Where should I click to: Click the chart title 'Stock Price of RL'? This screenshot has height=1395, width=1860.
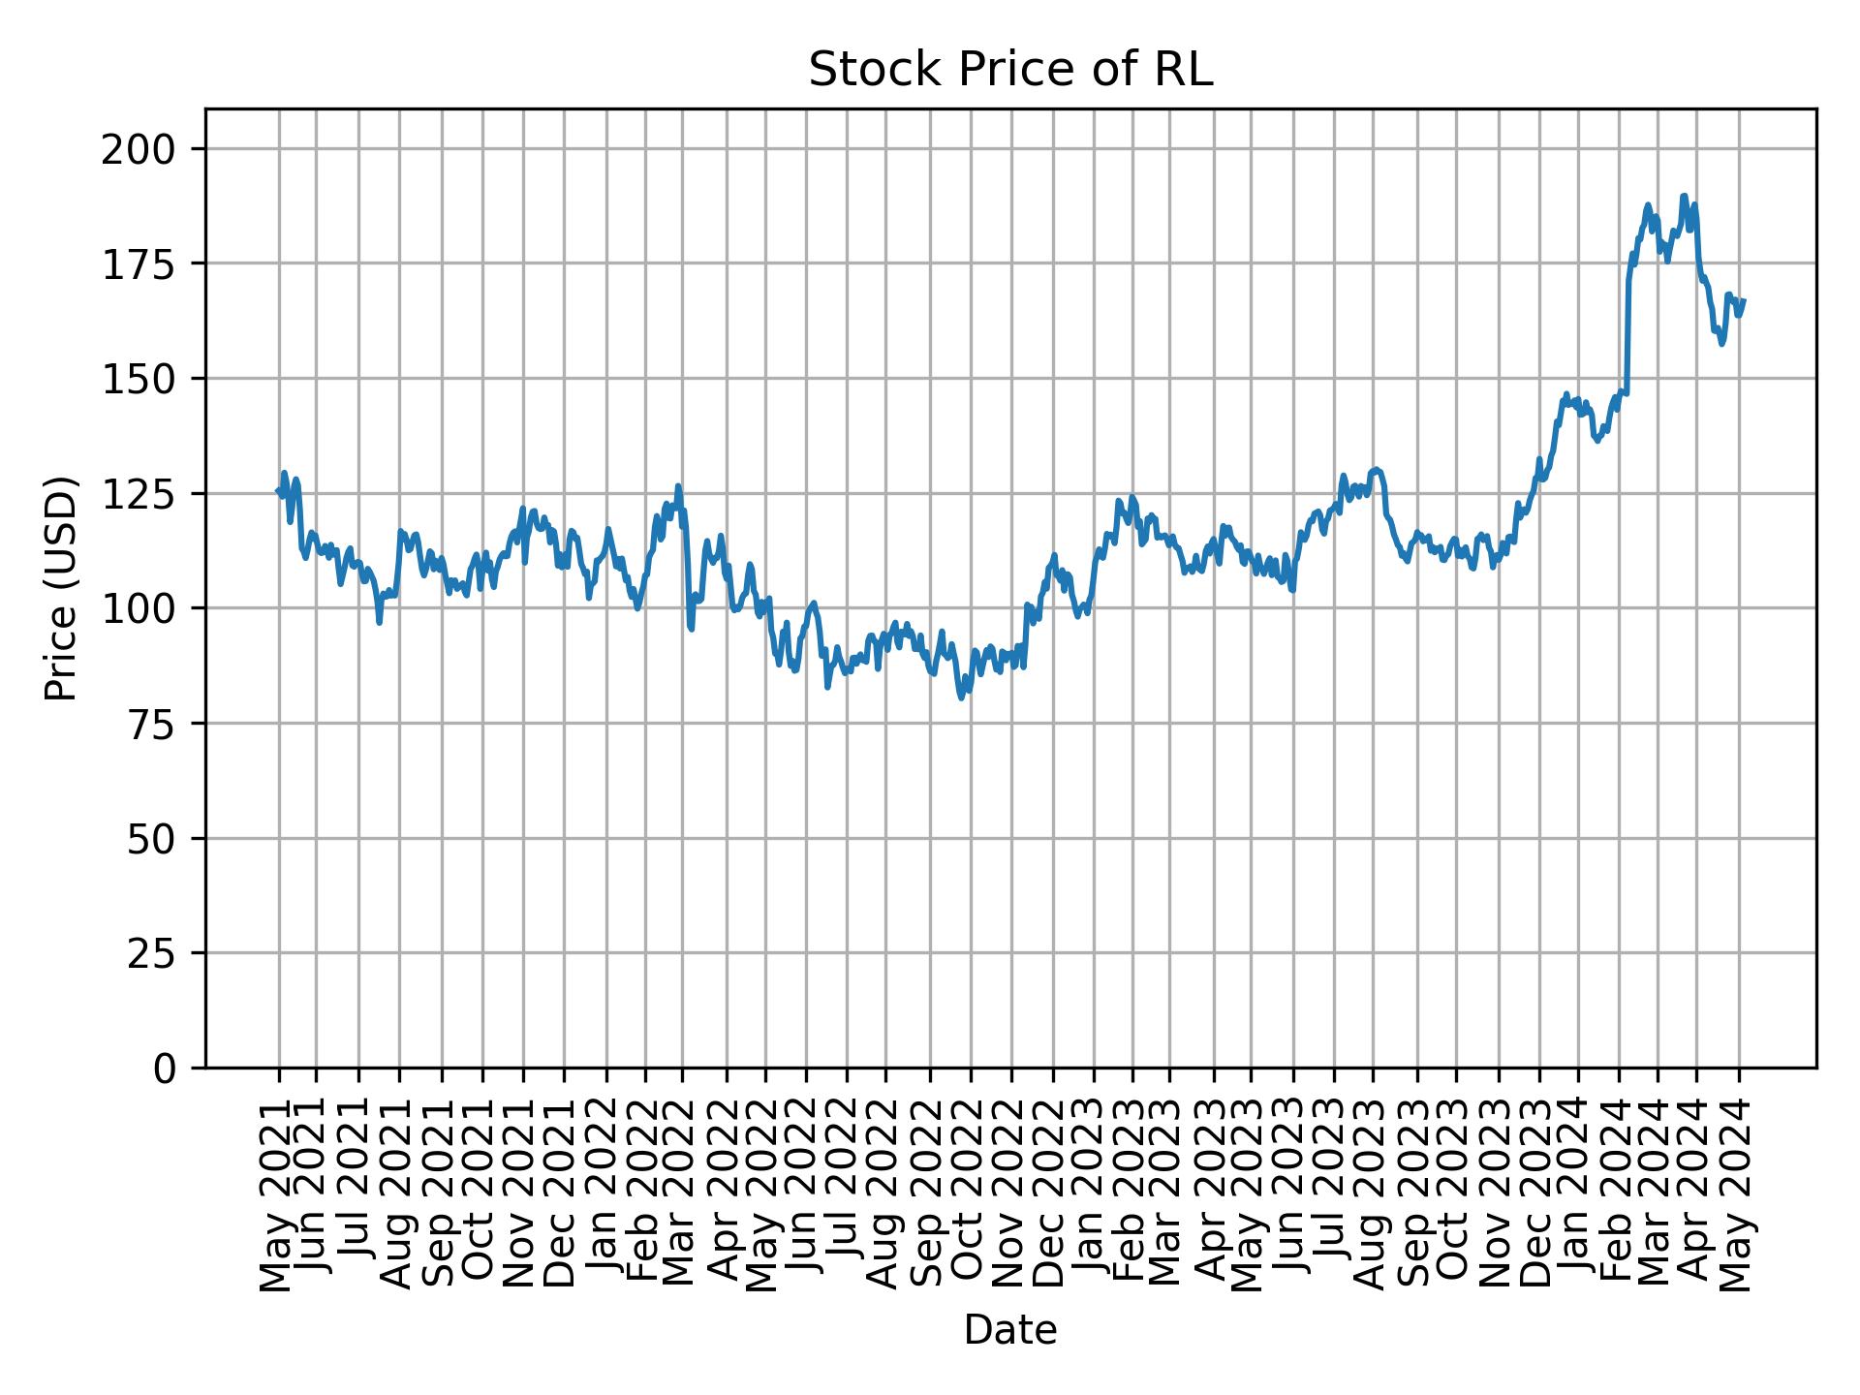(1010, 70)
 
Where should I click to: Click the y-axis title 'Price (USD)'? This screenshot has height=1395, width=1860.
(60, 588)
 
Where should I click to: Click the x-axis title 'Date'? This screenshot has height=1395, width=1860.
(1010, 1330)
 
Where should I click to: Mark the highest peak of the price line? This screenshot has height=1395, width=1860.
(1684, 196)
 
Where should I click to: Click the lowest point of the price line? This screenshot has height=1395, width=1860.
(961, 697)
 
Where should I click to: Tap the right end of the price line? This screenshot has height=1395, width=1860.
(1744, 300)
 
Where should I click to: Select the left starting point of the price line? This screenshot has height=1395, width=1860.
(278, 491)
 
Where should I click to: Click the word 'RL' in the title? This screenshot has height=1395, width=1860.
(1184, 70)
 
